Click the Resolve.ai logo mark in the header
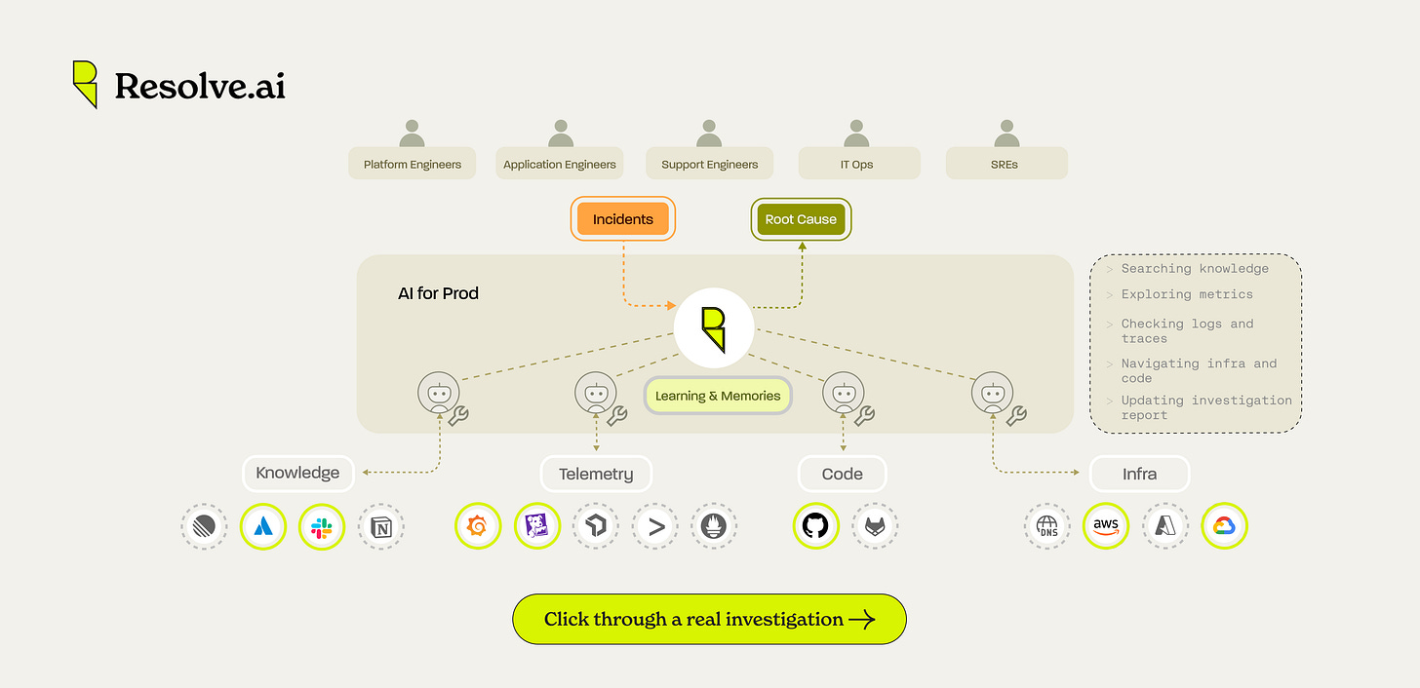(85, 84)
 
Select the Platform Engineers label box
(412, 164)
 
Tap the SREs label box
(1006, 164)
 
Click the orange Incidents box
(622, 219)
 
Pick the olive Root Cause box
(800, 219)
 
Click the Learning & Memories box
(718, 396)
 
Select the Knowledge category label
(297, 474)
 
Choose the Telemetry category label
(596, 475)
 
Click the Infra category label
(1138, 475)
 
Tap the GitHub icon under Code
(814, 526)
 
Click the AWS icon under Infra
(1106, 526)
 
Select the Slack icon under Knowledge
(322, 527)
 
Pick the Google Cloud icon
(1224, 526)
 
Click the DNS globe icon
(1047, 526)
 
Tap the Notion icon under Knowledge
(380, 527)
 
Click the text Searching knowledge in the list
(1195, 269)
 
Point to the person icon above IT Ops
(857, 134)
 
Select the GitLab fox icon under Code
(874, 526)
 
